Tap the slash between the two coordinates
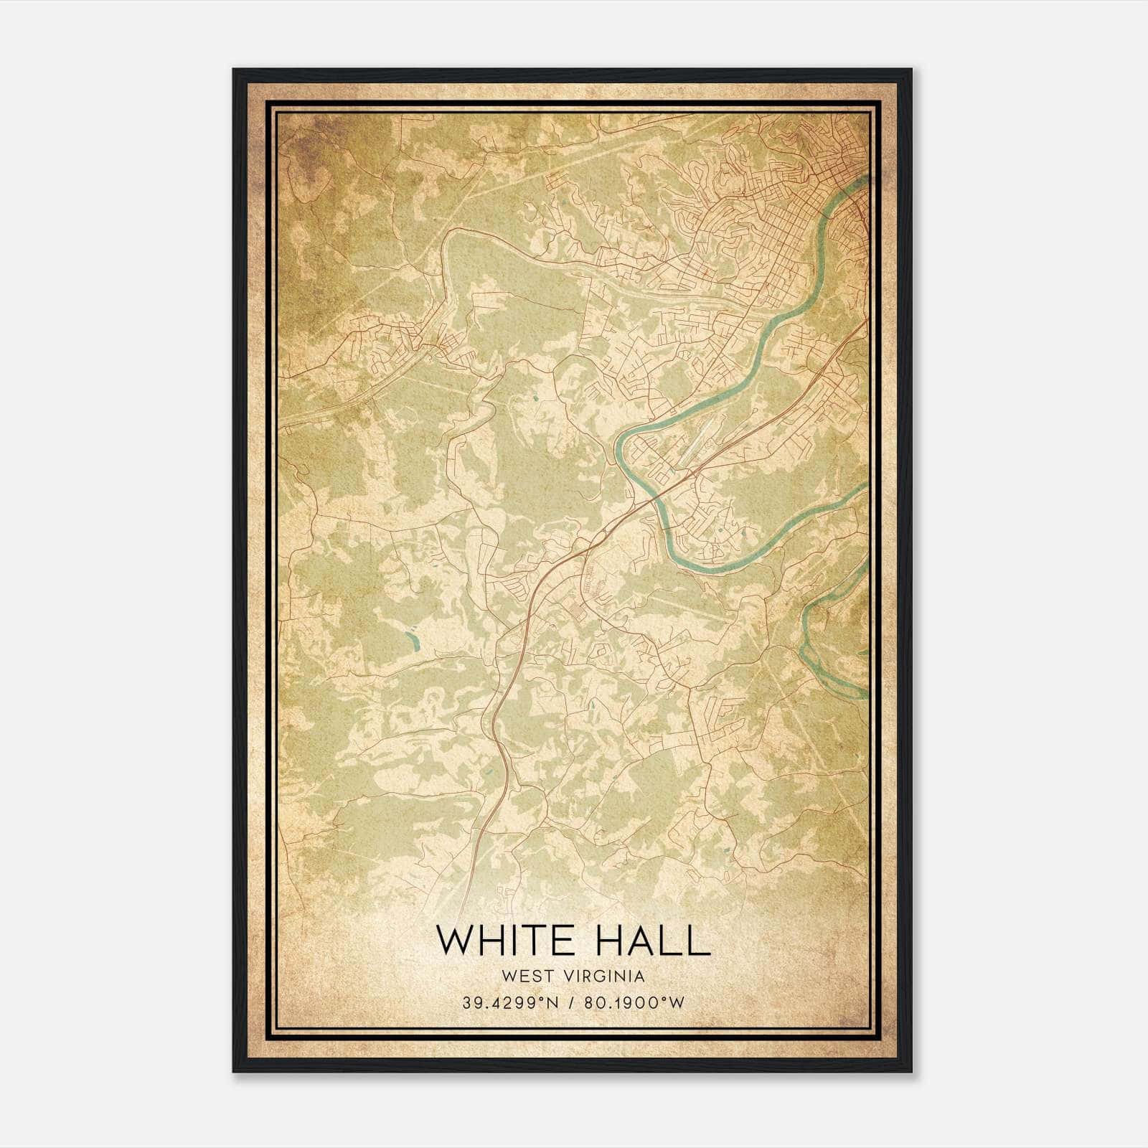570,1002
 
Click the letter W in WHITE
451,941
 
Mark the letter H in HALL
607,941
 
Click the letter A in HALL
642,941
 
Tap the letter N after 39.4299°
551,1002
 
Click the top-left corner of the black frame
234,70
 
